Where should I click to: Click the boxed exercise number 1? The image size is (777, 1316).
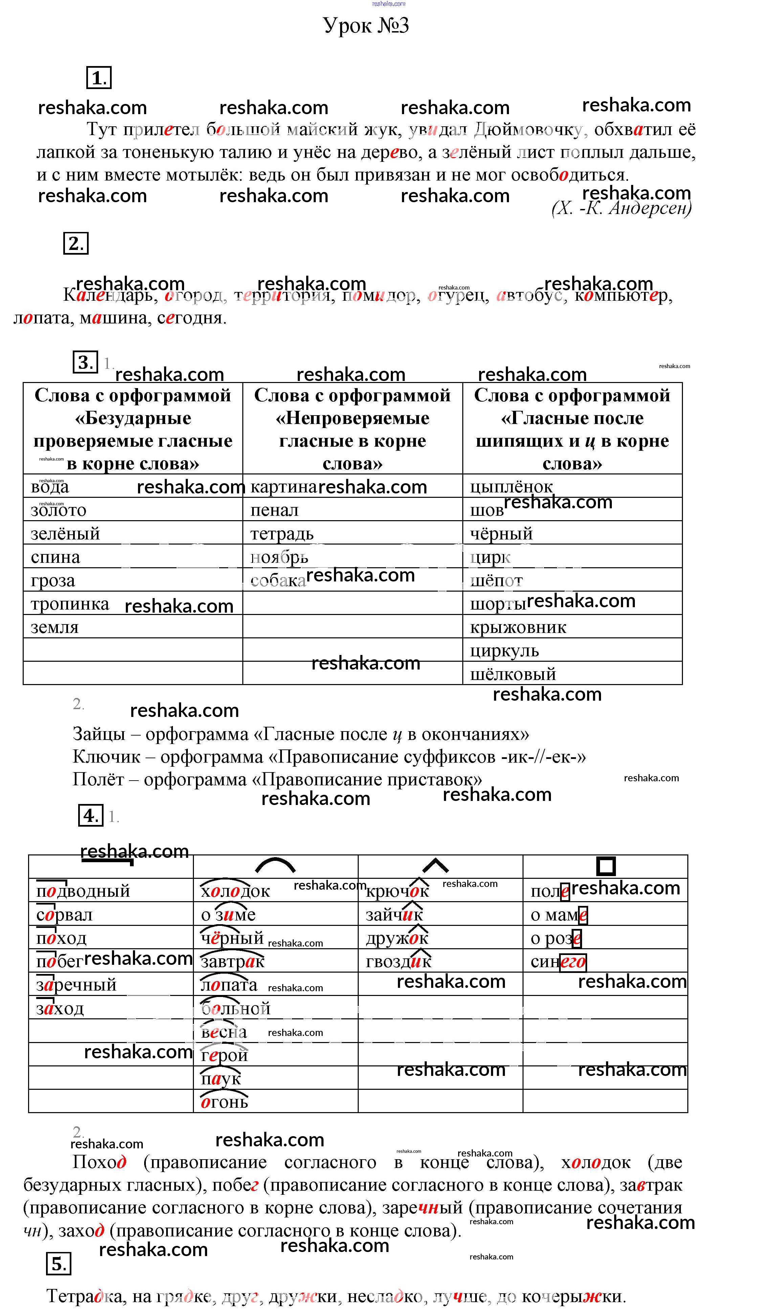point(98,78)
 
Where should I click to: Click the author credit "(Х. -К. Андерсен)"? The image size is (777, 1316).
point(621,209)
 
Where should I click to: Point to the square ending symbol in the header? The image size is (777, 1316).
point(606,866)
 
